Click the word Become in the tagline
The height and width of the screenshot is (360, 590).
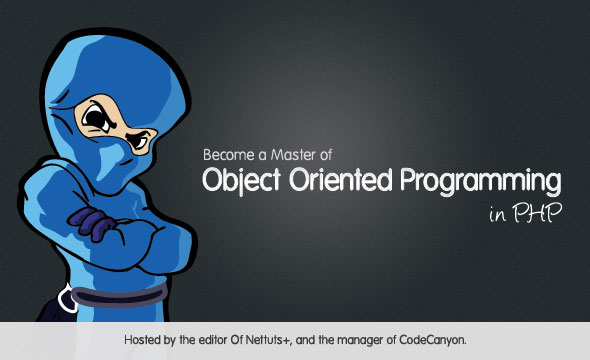[229, 156]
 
